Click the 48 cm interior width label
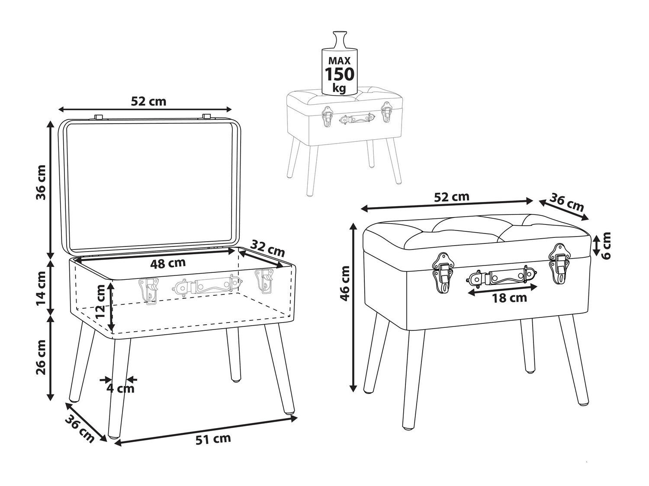[x=167, y=262]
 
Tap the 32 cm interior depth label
[x=267, y=248]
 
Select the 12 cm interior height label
[x=101, y=305]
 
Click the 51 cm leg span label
[x=213, y=438]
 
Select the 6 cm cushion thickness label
[x=606, y=246]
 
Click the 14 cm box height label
[x=41, y=288]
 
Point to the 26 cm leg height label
[x=41, y=357]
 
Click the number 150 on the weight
[x=340, y=74]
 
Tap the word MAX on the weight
[x=340, y=61]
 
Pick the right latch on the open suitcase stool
[x=265, y=281]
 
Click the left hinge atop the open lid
[x=98, y=117]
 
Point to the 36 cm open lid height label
[x=41, y=182]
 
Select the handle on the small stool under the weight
[x=356, y=119]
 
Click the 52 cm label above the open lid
[x=148, y=101]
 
